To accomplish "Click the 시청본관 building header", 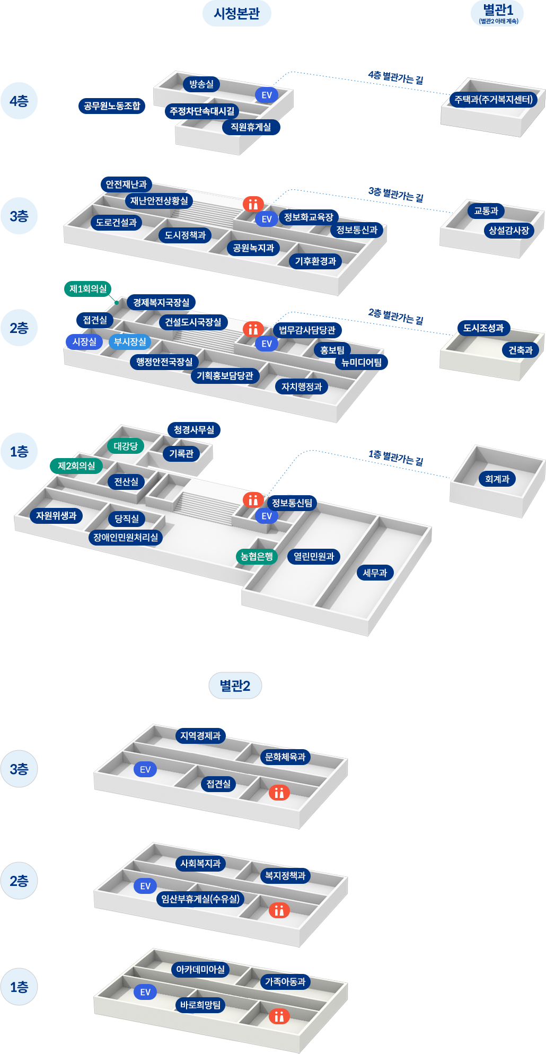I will (x=236, y=14).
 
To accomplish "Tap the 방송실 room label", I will (x=201, y=84).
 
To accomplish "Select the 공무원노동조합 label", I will (x=112, y=106).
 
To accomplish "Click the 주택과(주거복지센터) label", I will (x=494, y=100).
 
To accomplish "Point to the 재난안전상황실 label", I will (x=159, y=201).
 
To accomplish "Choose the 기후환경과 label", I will (x=315, y=261).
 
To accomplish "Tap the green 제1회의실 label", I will (x=88, y=289).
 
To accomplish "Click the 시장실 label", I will (x=85, y=342).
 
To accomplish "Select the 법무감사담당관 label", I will (x=307, y=330).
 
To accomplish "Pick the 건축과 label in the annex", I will (x=520, y=350).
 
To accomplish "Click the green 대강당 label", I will (x=126, y=446).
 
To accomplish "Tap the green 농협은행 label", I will (x=257, y=557).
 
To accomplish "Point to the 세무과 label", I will (x=375, y=573).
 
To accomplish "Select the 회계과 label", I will (x=497, y=479).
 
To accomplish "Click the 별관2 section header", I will (x=235, y=686).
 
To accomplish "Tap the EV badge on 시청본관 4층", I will (x=267, y=95).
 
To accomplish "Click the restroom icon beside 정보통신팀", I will (x=253, y=499).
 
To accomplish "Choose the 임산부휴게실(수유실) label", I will (x=200, y=899).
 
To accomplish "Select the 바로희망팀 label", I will (x=200, y=1005).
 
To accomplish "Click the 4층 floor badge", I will (x=19, y=101).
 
